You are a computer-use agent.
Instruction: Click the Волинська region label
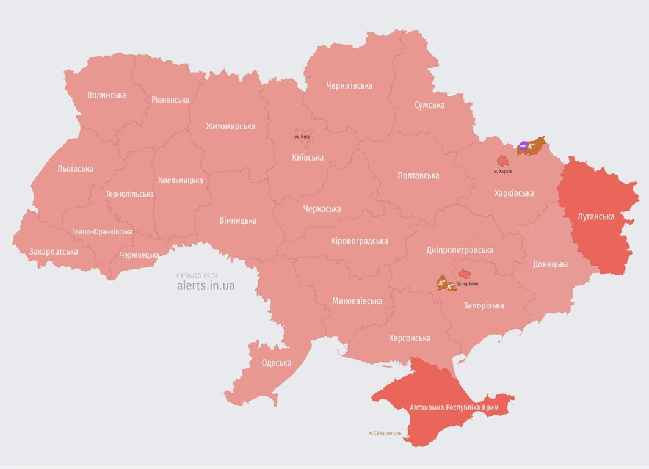click(107, 95)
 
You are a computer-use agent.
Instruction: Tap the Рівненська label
click(171, 100)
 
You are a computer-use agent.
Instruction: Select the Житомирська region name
click(230, 126)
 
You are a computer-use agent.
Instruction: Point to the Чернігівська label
click(349, 85)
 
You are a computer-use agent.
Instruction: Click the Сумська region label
click(429, 105)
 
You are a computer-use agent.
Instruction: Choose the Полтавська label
click(418, 176)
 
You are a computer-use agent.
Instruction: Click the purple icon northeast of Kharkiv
click(523, 146)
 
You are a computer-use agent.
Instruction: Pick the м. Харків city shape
click(502, 161)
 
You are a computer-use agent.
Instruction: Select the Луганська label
click(596, 216)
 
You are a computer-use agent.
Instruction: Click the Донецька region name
click(550, 264)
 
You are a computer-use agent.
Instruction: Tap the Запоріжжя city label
click(467, 284)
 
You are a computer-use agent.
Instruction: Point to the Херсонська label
click(410, 338)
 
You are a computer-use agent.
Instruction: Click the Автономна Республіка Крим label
click(454, 407)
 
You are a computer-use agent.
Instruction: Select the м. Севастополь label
click(385, 433)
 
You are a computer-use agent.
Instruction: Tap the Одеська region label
click(276, 363)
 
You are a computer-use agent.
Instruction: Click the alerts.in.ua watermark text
click(205, 285)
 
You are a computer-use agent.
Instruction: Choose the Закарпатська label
click(54, 252)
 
